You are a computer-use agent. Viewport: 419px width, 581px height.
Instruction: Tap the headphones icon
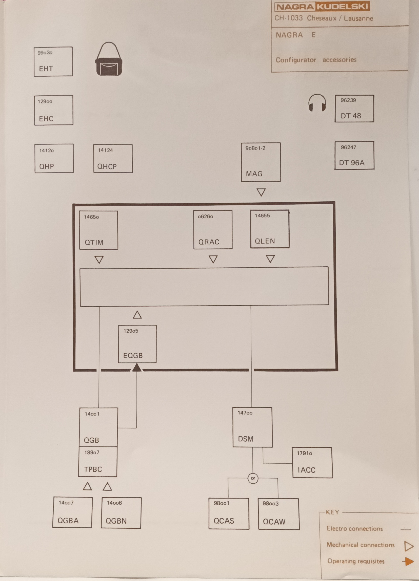[x=317, y=103]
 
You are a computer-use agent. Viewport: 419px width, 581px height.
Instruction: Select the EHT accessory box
[x=53, y=61]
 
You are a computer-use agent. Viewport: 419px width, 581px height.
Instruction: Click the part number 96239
[x=348, y=100]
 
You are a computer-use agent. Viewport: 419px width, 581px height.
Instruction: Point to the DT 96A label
[x=352, y=163]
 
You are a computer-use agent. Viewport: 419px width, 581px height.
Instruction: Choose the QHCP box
[x=113, y=159]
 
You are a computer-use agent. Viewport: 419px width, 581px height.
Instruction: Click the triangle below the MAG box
[x=261, y=192]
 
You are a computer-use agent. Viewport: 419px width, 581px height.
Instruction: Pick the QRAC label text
[x=209, y=242]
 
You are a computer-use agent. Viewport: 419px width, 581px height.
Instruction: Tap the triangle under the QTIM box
[x=99, y=260]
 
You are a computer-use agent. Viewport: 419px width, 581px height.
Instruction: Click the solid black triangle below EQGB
[x=137, y=368]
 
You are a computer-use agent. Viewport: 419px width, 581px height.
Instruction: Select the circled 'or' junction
[x=253, y=478]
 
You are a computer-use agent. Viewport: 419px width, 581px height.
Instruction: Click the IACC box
[x=312, y=462]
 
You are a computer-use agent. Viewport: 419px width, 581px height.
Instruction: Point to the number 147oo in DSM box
[x=245, y=413]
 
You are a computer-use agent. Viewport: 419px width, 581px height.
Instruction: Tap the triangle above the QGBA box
[x=87, y=486]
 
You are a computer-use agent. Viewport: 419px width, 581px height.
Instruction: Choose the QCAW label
[x=274, y=522]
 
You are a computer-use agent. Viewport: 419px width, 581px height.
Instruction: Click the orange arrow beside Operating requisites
[x=408, y=562]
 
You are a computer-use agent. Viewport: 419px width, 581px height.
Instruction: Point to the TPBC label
[x=93, y=469]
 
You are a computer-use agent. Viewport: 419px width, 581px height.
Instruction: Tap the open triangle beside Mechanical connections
[x=409, y=546]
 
